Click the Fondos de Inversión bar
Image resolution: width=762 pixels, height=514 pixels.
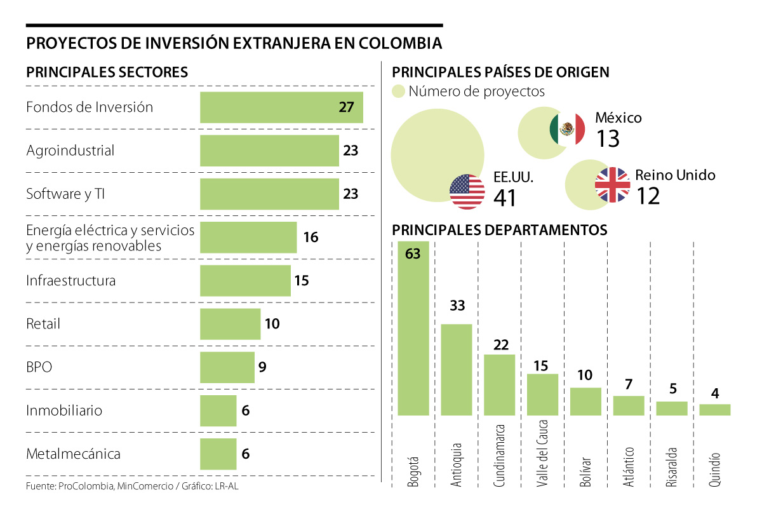[281, 107]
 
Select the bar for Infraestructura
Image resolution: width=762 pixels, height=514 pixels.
[245, 281]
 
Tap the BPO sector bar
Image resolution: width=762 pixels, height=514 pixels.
[227, 367]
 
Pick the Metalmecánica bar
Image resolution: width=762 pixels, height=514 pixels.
[218, 454]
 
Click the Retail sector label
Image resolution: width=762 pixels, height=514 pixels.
[43, 324]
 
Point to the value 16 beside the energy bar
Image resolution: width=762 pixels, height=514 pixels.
[311, 238]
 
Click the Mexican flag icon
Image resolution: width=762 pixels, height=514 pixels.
[567, 129]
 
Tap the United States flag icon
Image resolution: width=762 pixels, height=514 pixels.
[467, 192]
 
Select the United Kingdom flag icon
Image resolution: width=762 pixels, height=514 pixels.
[612, 185]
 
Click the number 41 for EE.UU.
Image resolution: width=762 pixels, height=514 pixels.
[505, 198]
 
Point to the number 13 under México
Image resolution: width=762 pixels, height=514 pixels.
[608, 139]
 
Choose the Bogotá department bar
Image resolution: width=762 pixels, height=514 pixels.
[413, 328]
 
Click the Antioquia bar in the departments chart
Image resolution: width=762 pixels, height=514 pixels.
[457, 370]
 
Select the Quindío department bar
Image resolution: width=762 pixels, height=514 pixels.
[715, 410]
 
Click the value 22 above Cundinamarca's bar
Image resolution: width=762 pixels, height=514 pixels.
[500, 345]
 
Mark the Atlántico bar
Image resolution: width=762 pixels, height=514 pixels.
[629, 405]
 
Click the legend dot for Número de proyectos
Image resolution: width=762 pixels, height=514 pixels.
[398, 91]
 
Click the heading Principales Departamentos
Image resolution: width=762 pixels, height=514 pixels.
[500, 229]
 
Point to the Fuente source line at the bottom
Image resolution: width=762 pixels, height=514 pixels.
[133, 486]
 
